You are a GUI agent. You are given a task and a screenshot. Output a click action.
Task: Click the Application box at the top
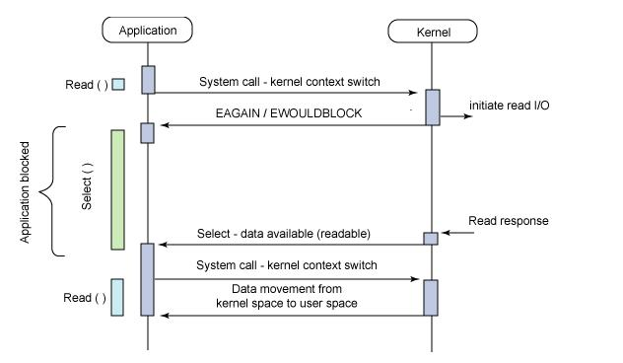point(147,31)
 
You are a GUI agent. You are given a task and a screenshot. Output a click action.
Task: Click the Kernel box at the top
point(432,32)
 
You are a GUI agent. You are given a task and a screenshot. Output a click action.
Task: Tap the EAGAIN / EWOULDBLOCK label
point(288,113)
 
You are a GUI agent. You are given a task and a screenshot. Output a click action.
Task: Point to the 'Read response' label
point(509,221)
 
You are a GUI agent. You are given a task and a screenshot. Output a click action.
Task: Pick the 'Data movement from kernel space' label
point(287,296)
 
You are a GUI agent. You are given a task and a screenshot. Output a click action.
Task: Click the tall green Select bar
point(117,189)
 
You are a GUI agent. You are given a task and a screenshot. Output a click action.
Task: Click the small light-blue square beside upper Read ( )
point(118,85)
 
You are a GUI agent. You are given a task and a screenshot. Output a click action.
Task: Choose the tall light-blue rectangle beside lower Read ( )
point(117,297)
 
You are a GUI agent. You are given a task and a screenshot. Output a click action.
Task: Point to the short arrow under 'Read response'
point(454,234)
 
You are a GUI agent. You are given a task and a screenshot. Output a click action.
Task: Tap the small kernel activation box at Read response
point(431,238)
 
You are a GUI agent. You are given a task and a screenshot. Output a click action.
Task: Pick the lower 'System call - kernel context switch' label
point(287,265)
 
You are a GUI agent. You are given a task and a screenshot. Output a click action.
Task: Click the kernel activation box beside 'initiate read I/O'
point(432,108)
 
